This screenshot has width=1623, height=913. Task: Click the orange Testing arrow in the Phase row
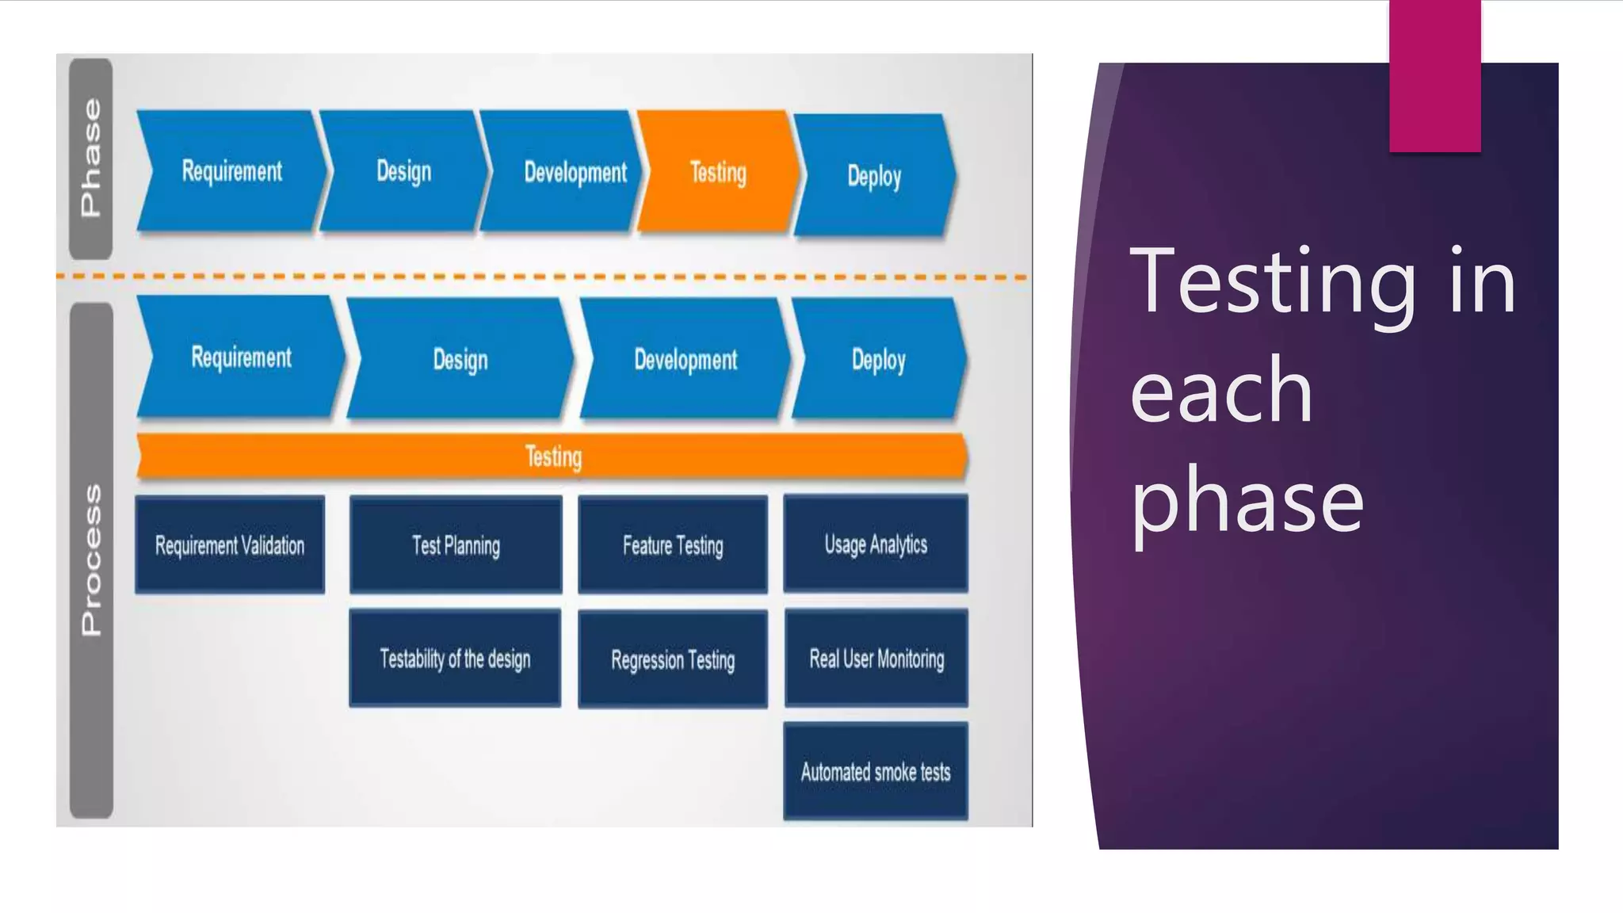(x=717, y=172)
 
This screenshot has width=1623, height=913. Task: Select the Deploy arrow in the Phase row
(x=874, y=175)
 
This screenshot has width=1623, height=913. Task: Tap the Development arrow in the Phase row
(x=575, y=172)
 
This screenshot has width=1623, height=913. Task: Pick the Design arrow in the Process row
(x=460, y=359)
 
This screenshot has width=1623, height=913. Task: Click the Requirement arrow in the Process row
(x=241, y=357)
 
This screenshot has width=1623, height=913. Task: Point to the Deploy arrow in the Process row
(x=878, y=359)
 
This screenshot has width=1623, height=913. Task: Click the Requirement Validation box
(x=230, y=545)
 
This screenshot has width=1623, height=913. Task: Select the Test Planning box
(x=456, y=545)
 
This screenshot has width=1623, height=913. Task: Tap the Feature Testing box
(x=673, y=545)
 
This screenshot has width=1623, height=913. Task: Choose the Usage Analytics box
(x=876, y=544)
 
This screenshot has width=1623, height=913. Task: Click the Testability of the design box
(x=455, y=659)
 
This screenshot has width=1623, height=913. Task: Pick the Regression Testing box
(x=673, y=659)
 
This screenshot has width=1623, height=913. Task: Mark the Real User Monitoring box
(x=876, y=659)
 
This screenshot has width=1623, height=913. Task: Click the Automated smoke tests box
(x=876, y=771)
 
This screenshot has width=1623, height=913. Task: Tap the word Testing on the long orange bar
(x=553, y=456)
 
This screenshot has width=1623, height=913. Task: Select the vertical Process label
(x=91, y=560)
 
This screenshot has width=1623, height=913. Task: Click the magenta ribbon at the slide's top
(x=1434, y=75)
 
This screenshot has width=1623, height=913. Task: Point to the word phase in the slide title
(x=1247, y=502)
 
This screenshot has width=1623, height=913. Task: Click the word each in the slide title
(x=1221, y=392)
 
